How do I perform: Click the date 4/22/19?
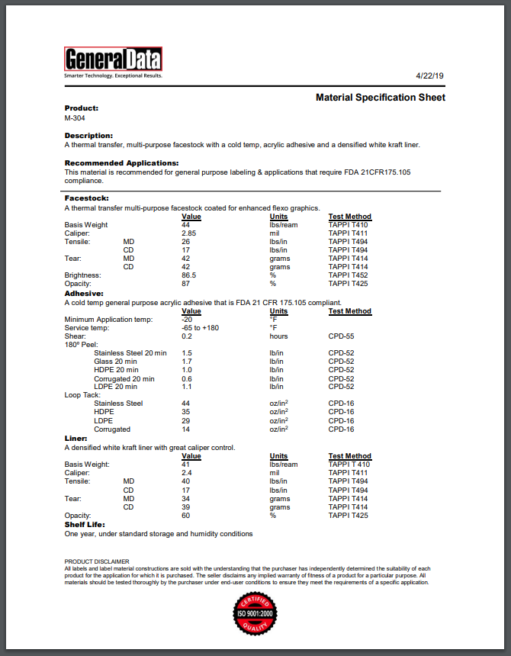tap(430, 76)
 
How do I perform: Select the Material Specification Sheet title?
tap(381, 98)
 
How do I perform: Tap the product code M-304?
tap(75, 118)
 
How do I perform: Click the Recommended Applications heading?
tap(121, 162)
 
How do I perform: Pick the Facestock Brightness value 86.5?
tap(188, 275)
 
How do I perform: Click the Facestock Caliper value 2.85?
tap(188, 233)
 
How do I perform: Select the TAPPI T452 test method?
tap(348, 275)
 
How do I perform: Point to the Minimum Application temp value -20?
tap(187, 319)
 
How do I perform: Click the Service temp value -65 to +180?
tap(200, 328)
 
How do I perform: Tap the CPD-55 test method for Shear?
tap(341, 336)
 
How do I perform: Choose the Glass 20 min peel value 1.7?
tap(187, 362)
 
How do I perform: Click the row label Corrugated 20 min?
tap(124, 378)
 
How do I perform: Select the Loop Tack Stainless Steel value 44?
tap(186, 404)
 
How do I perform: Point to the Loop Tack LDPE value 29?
tap(186, 420)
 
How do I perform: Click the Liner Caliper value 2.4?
tap(187, 473)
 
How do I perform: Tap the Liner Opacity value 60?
tap(186, 515)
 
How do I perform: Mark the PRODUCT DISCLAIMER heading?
tap(97, 561)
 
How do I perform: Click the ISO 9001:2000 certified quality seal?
tap(256, 613)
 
